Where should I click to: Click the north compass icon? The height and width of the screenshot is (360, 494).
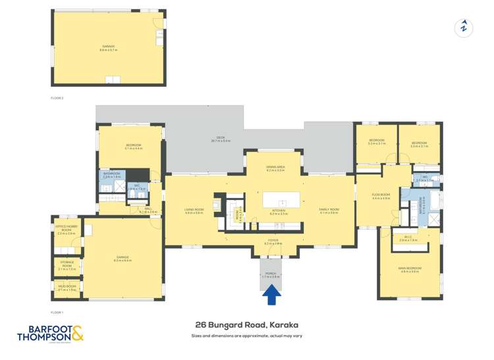click(464, 28)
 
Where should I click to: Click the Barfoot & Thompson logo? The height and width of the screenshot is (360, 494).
click(51, 334)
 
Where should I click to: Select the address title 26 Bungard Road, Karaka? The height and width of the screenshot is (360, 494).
click(247, 324)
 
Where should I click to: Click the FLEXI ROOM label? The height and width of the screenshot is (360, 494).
click(381, 196)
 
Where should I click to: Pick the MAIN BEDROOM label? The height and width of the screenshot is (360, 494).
click(409, 269)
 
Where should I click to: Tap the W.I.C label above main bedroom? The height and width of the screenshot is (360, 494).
click(408, 238)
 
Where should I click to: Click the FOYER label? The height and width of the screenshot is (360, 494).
click(273, 243)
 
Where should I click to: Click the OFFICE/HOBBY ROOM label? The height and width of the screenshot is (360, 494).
click(67, 230)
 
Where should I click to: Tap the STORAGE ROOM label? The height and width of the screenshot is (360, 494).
click(67, 267)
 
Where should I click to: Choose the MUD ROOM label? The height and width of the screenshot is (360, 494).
click(67, 288)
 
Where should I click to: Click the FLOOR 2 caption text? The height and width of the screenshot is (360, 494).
click(57, 97)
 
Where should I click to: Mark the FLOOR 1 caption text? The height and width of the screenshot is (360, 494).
click(57, 312)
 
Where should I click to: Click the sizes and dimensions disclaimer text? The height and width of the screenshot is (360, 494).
click(247, 336)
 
